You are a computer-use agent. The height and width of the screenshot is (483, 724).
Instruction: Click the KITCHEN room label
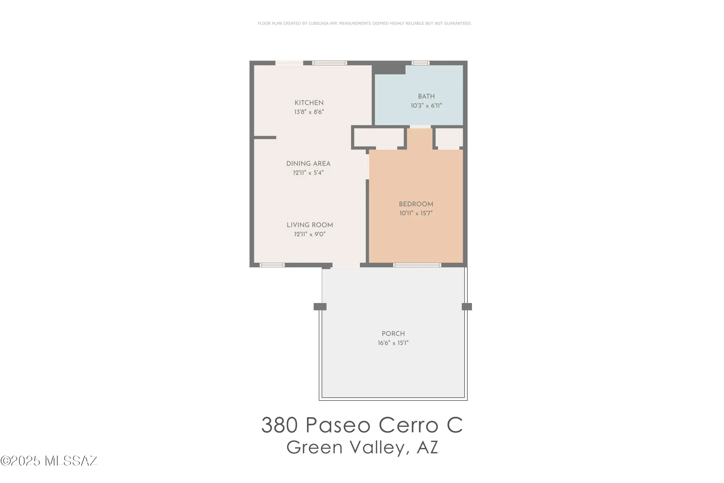[309, 103]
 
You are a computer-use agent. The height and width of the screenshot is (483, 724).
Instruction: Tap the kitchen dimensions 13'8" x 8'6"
[309, 112]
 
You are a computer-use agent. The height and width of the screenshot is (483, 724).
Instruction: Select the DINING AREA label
[308, 164]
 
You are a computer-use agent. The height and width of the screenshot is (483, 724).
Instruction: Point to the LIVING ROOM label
[310, 225]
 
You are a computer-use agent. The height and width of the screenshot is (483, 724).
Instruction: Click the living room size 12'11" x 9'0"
[310, 234]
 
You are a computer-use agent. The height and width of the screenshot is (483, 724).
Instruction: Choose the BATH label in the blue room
[426, 96]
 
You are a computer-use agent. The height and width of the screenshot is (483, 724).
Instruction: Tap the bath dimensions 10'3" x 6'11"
[426, 106]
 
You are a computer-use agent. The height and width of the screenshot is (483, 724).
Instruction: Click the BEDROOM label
[416, 204]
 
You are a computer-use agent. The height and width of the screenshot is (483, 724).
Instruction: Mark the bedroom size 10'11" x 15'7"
[416, 213]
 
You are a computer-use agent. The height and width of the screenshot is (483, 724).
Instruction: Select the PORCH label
[393, 334]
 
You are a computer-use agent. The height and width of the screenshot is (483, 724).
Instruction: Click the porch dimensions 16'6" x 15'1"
[393, 343]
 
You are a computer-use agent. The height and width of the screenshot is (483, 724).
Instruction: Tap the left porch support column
[320, 307]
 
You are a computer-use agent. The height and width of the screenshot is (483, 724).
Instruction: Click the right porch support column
[467, 307]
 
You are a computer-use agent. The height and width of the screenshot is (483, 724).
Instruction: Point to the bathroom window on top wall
[421, 63]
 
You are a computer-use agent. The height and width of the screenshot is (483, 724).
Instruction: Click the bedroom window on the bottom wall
[417, 265]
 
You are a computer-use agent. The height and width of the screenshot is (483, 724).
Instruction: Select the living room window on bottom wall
[272, 265]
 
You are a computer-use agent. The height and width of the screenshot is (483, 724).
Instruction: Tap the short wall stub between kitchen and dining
[265, 138]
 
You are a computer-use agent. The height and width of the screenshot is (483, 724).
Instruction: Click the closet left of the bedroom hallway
[379, 138]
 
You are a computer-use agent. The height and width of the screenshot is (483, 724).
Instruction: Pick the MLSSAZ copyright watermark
[49, 461]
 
